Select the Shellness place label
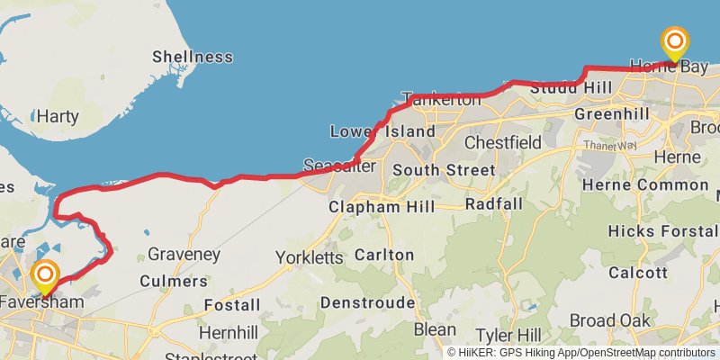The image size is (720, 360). point(192,57)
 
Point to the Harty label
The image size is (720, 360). point(58,116)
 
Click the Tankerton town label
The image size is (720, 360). point(442,99)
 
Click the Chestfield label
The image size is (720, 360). point(503,142)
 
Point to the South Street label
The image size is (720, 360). point(444,170)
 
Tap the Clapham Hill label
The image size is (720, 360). point(382,207)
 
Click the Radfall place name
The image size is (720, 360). point(493,204)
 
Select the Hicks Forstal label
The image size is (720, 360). point(661,230)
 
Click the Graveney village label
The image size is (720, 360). point(184,255)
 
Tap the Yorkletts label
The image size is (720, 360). point(310,257)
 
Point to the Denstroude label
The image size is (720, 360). point(367,301)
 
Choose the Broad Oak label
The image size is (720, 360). point(610,320)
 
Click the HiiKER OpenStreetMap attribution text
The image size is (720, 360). point(580,352)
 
